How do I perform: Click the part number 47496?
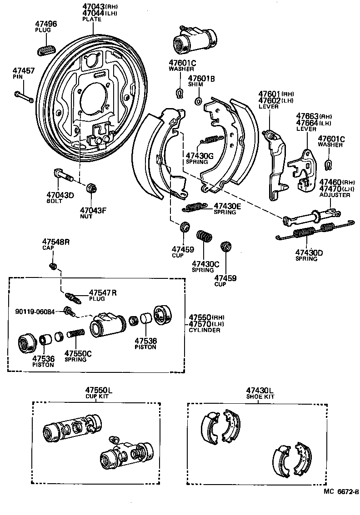point(46,24)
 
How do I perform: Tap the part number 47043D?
point(60,195)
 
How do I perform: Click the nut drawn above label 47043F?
point(90,188)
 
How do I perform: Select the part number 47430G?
point(199,155)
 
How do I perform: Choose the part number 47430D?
point(309,253)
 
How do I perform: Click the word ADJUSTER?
point(335,195)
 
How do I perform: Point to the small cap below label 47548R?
point(54,265)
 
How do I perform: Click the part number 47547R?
point(102,293)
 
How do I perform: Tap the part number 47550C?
point(78,353)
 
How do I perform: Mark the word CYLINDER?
point(205,330)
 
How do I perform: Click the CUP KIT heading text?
point(99,396)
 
